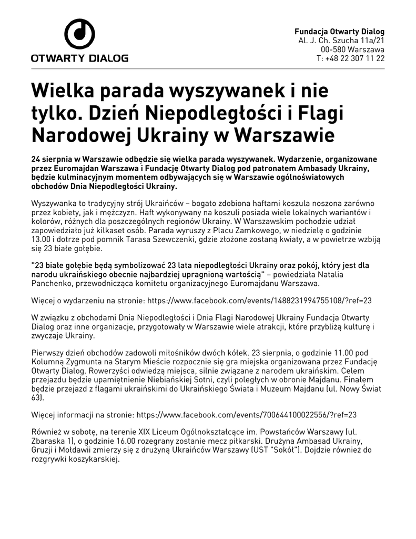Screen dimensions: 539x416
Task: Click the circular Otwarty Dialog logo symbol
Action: (79, 34)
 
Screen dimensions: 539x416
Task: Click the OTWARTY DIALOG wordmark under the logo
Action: (79, 58)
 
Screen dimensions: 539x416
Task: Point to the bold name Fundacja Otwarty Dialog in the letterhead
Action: (339, 32)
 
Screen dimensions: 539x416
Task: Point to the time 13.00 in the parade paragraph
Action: (41, 241)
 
